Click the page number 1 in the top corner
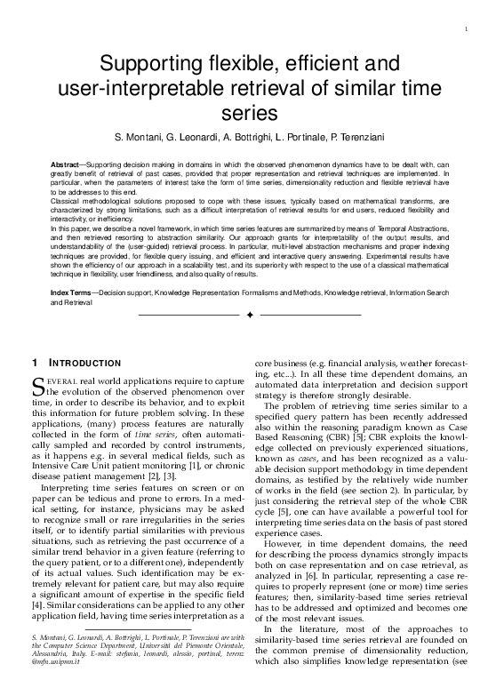tap(466, 31)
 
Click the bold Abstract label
tap(64, 166)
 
